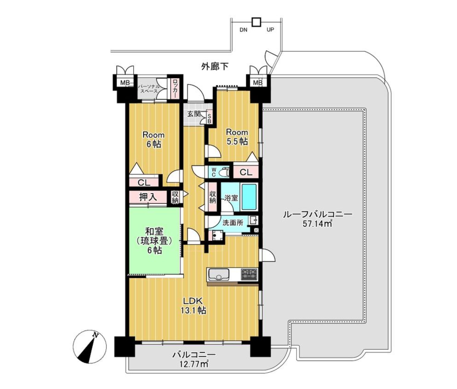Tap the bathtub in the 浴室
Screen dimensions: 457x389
coord(249,197)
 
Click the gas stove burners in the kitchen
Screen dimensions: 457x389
coord(249,274)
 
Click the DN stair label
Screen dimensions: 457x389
coord(243,30)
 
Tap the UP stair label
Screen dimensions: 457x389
coord(270,29)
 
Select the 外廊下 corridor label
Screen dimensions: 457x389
coord(215,66)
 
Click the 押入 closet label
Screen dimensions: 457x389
coord(148,197)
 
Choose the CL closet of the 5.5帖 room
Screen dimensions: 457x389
coord(246,172)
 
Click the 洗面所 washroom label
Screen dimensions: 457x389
coord(233,222)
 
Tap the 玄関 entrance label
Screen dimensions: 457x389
coord(194,114)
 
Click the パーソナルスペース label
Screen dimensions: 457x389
coord(147,89)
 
